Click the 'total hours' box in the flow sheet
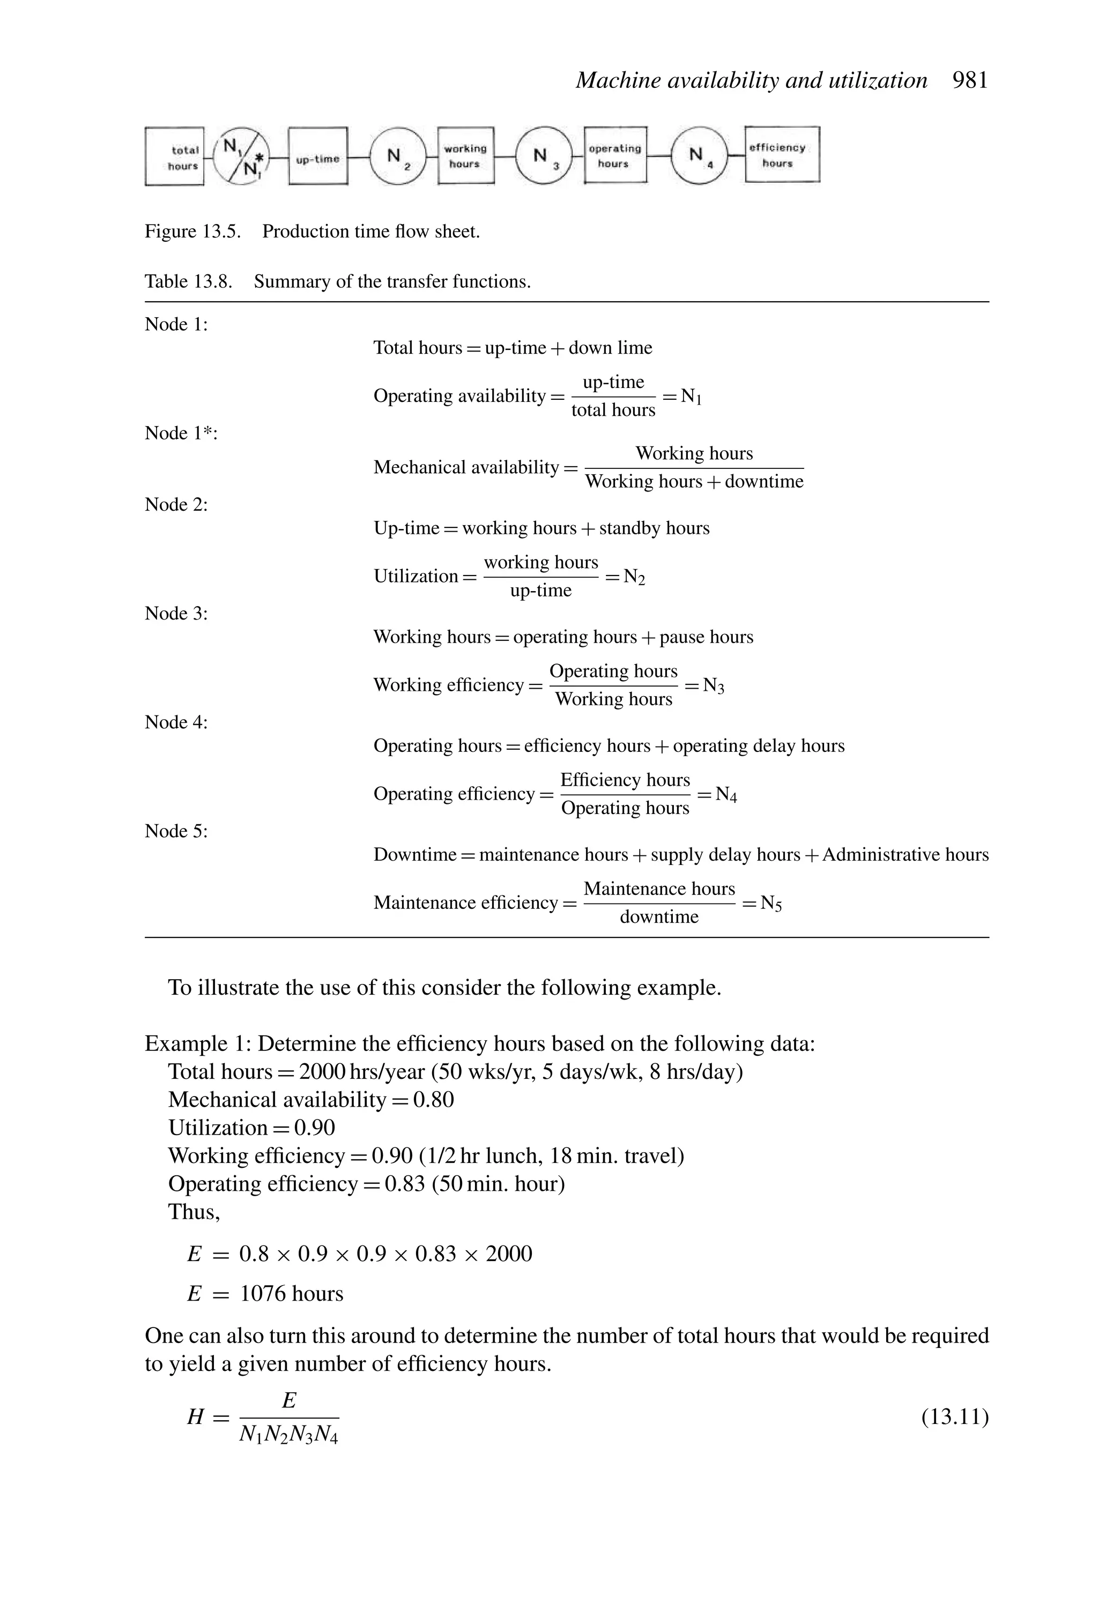175,158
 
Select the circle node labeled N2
398,156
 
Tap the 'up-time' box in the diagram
318,158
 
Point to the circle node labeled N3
544,156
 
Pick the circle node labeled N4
700,156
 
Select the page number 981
970,81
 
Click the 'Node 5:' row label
176,831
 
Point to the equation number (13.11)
955,1417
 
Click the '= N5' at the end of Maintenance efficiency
762,904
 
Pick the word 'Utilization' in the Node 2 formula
416,576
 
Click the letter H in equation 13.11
196,1418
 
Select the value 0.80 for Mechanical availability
433,1100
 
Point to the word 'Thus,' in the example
194,1211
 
